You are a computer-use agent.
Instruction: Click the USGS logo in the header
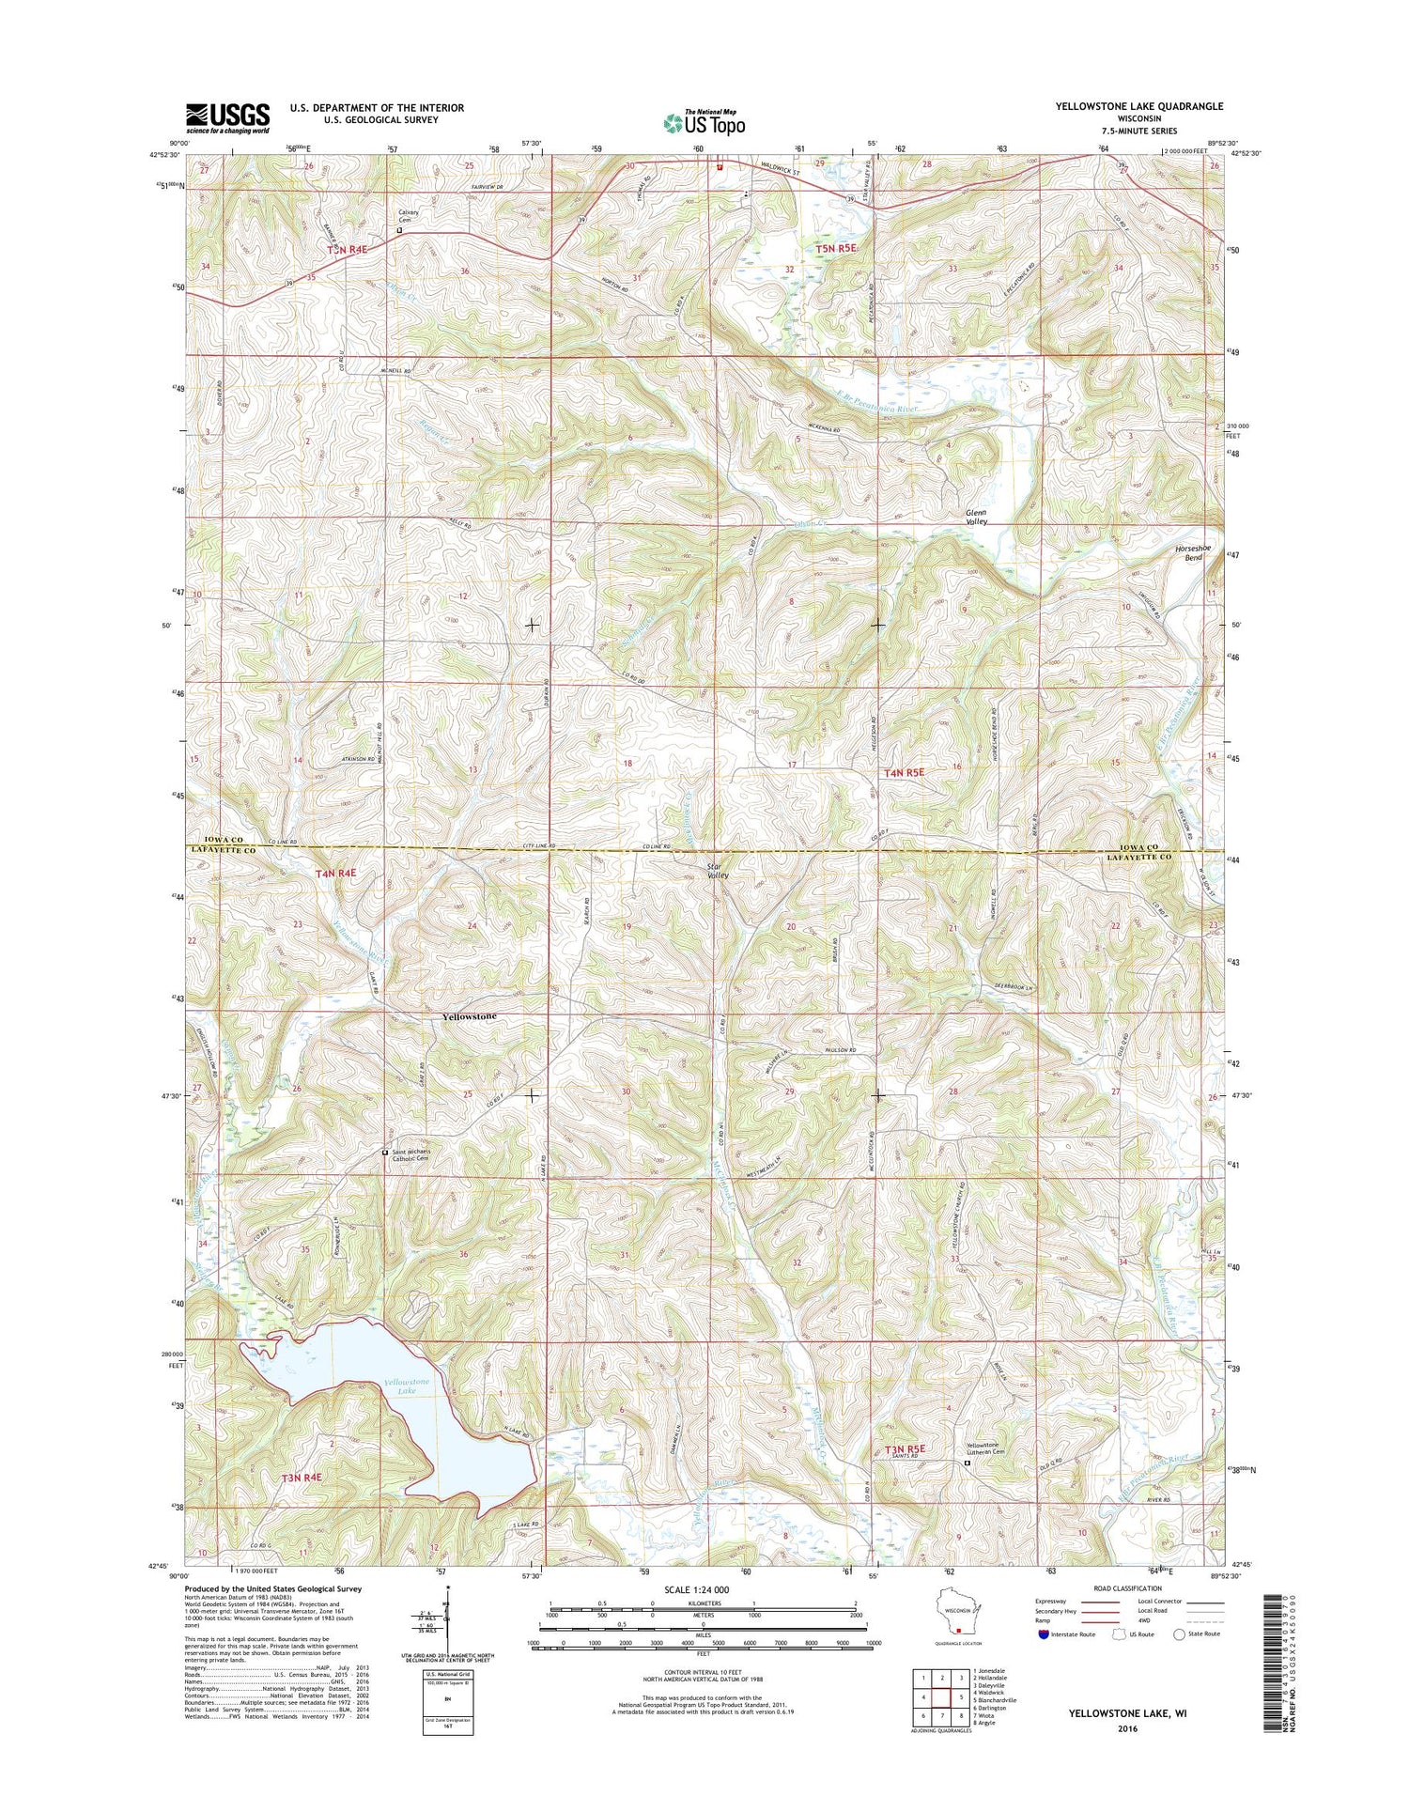[x=227, y=118]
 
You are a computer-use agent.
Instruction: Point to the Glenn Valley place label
[x=977, y=517]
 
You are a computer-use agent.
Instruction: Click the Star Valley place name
[x=719, y=870]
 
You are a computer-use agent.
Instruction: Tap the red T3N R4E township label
[x=302, y=1478]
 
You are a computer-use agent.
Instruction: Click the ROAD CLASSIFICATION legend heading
[x=1123, y=1588]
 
